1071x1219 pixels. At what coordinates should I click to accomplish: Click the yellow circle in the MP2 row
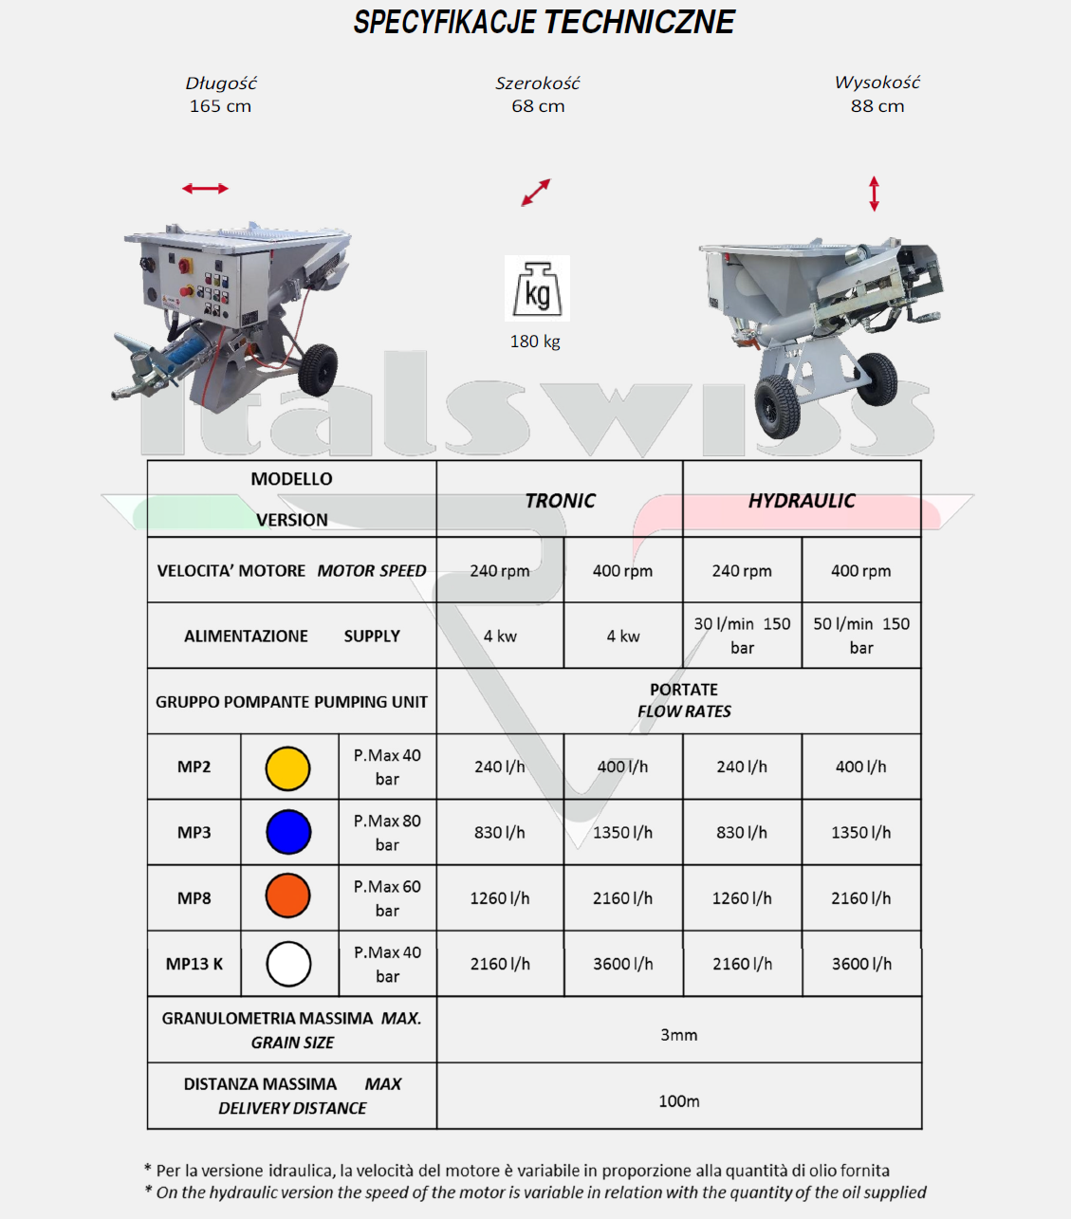pyautogui.click(x=288, y=768)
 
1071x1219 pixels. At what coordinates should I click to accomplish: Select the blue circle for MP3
pyautogui.click(x=288, y=833)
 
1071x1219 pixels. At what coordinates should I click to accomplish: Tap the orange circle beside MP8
pyautogui.click(x=288, y=896)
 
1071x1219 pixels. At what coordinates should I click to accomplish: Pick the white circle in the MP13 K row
pyautogui.click(x=288, y=964)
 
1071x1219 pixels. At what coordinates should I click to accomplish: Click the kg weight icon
pyautogui.click(x=537, y=288)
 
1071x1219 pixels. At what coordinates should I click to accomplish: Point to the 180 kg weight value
pyautogui.click(x=535, y=342)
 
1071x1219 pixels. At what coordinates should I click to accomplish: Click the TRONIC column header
pyautogui.click(x=560, y=501)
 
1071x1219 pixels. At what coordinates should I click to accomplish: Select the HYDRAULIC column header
pyautogui.click(x=802, y=501)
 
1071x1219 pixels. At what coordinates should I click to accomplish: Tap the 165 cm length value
pyautogui.click(x=220, y=106)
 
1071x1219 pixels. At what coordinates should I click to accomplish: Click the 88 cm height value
pyautogui.click(x=877, y=106)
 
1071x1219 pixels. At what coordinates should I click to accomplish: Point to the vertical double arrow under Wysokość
pyautogui.click(x=874, y=194)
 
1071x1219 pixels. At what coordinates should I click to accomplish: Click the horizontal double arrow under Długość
pyautogui.click(x=206, y=189)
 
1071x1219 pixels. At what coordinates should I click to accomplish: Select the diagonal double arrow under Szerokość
pyautogui.click(x=536, y=193)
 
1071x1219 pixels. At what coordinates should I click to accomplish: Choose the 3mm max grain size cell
pyautogui.click(x=678, y=1035)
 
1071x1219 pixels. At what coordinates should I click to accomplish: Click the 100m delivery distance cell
pyautogui.click(x=678, y=1101)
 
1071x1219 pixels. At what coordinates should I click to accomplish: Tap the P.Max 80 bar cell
pyautogui.click(x=387, y=833)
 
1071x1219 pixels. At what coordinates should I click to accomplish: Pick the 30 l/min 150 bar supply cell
pyautogui.click(x=742, y=636)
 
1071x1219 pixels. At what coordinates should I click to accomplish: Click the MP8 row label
pyautogui.click(x=194, y=898)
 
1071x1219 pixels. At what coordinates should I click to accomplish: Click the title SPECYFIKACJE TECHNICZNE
pyautogui.click(x=544, y=23)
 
